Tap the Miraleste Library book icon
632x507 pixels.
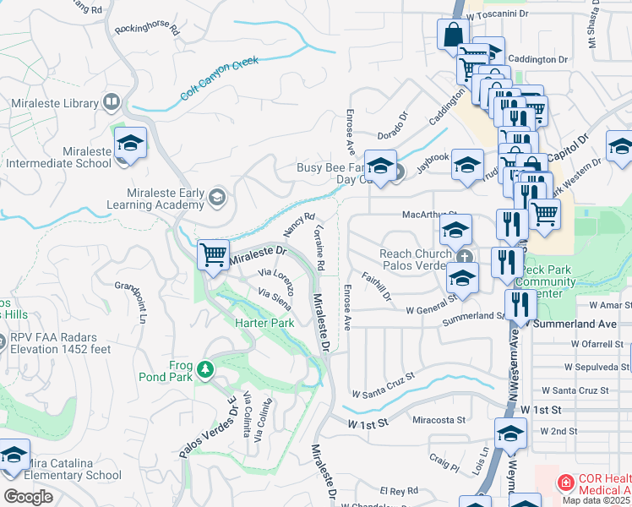pyautogui.click(x=111, y=103)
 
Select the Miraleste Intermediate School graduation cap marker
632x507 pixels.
pyautogui.click(x=131, y=143)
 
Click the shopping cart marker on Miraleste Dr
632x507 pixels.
pyautogui.click(x=213, y=253)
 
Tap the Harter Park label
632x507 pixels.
pyautogui.click(x=264, y=323)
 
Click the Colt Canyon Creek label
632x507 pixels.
pyautogui.click(x=219, y=79)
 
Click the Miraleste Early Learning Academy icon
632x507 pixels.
pyautogui.click(x=217, y=198)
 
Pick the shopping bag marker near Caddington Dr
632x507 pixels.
pyautogui.click(x=453, y=35)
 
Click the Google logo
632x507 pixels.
pyautogui.click(x=28, y=497)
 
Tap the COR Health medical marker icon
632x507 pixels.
pyautogui.click(x=564, y=483)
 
